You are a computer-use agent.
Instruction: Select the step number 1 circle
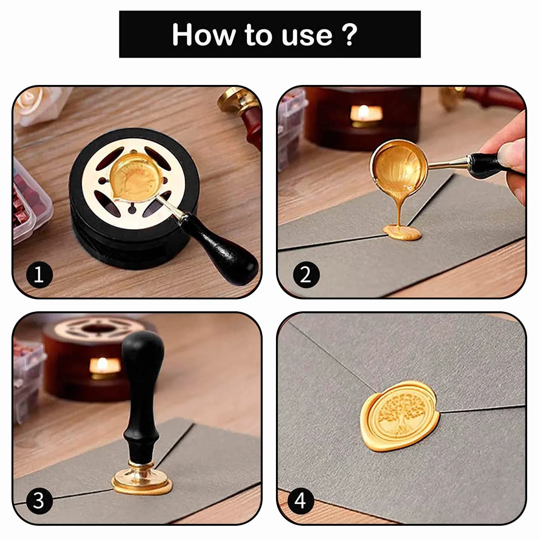[39, 275]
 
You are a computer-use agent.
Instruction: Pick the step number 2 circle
[306, 275]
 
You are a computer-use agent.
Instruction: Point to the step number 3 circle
[39, 501]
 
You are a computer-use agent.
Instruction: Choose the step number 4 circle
[300, 501]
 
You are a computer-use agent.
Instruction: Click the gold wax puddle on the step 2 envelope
[402, 233]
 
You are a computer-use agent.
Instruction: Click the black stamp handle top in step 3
[142, 348]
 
